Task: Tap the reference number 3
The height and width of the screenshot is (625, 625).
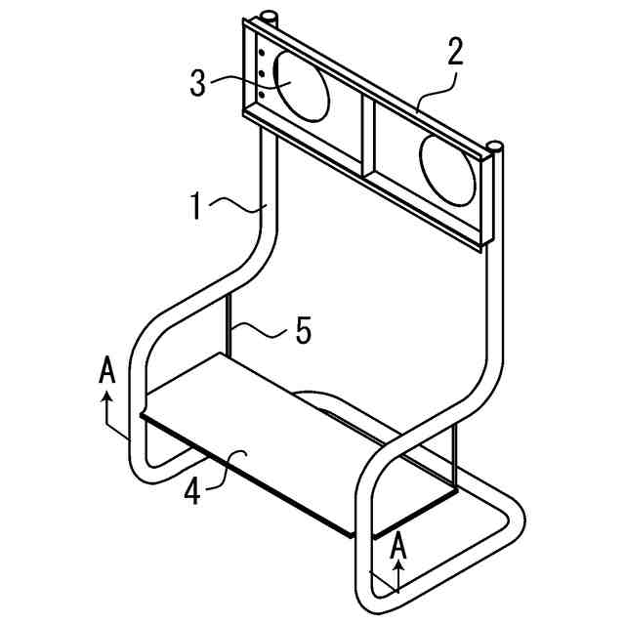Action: (198, 83)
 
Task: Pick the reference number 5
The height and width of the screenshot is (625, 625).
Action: (304, 332)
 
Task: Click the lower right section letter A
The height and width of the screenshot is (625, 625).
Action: (397, 548)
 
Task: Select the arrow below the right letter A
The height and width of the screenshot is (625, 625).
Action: (397, 578)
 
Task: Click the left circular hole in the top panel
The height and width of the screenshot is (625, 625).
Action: (299, 86)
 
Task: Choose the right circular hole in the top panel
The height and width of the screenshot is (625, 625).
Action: (448, 170)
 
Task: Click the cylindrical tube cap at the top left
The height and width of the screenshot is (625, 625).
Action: (269, 18)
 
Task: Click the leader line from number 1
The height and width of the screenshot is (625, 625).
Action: (239, 204)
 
